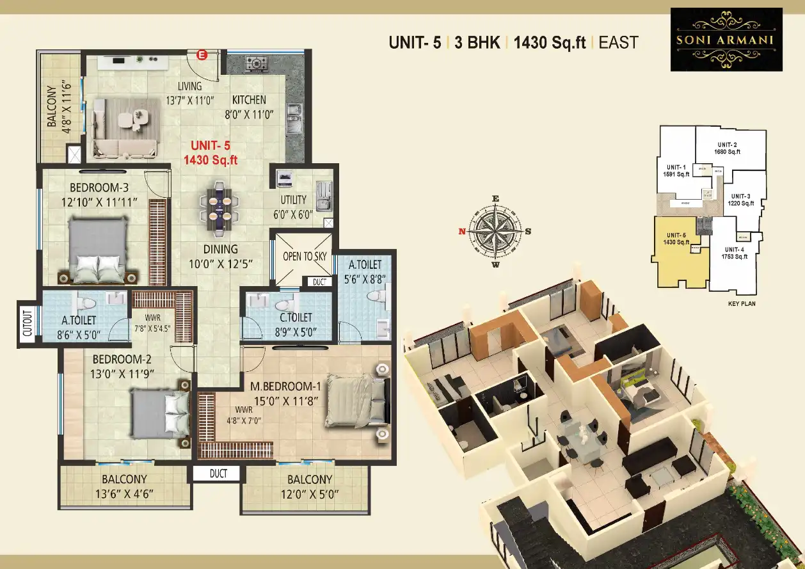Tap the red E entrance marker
[202, 55]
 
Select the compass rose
[495, 231]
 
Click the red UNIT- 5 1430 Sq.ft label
[211, 154]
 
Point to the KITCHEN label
[249, 100]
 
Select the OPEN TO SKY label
[305, 256]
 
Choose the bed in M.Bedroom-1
[356, 400]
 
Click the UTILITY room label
[294, 200]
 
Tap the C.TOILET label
[296, 317]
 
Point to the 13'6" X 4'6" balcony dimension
[124, 494]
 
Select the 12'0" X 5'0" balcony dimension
[309, 494]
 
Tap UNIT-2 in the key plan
[728, 144]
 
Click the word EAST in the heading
[618, 43]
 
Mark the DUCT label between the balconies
[216, 474]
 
